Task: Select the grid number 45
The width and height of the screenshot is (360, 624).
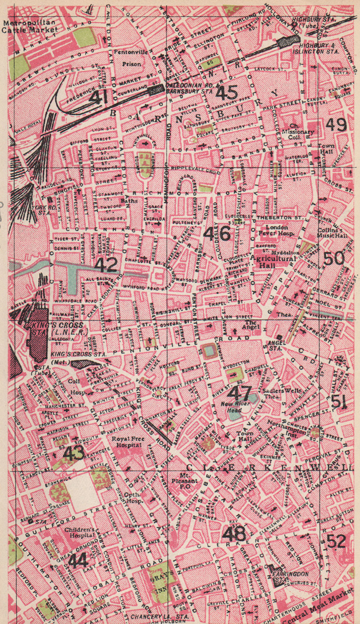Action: point(227,93)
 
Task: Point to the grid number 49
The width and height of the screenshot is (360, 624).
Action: point(336,125)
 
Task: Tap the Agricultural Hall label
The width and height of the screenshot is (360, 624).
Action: point(273,261)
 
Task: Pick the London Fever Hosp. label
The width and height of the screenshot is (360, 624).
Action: point(277,230)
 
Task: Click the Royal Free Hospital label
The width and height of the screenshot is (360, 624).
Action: point(128,442)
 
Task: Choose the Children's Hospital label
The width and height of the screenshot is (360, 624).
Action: point(79,533)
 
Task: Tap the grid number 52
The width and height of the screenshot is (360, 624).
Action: point(336,541)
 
